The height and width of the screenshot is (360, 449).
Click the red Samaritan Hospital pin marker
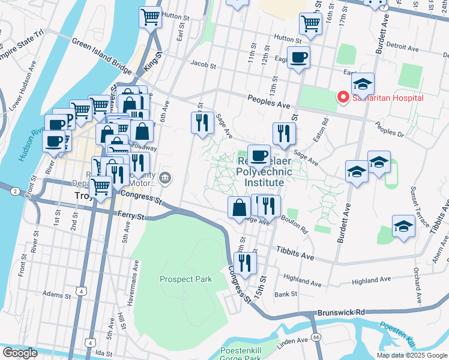pyautogui.click(x=343, y=97)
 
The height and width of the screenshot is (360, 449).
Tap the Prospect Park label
pyautogui.click(x=185, y=279)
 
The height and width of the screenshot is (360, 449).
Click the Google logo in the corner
pyautogui.click(x=20, y=352)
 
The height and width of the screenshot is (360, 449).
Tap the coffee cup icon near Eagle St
pyautogui.click(x=298, y=58)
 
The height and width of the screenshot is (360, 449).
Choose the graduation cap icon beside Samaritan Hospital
pyautogui.click(x=363, y=84)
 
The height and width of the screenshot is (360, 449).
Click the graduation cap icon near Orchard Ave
pyautogui.click(x=403, y=227)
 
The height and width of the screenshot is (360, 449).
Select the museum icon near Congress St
pyautogui.click(x=166, y=178)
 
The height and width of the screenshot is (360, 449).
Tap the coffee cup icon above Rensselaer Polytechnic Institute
pyautogui.click(x=259, y=156)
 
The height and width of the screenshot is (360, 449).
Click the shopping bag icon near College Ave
pyautogui.click(x=239, y=208)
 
